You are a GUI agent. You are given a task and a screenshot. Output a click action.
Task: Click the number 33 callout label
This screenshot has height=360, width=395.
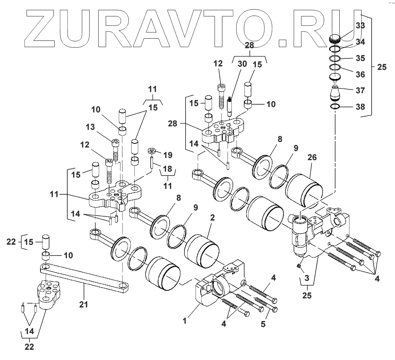359,26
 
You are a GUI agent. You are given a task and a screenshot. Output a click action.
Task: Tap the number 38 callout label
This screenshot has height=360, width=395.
359,107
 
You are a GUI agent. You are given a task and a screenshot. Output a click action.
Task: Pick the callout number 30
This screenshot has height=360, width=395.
242,64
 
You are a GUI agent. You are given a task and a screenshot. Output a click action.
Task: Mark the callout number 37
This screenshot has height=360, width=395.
359,90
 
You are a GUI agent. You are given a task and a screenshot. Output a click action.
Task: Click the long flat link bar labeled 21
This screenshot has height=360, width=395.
85,277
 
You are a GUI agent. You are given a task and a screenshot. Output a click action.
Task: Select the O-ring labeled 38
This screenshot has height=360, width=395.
336,107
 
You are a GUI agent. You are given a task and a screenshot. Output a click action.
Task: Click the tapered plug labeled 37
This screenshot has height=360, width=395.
336,93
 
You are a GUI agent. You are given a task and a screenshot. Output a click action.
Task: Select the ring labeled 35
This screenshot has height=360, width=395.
336,58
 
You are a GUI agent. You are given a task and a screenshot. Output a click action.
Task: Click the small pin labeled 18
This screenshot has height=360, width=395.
152,162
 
